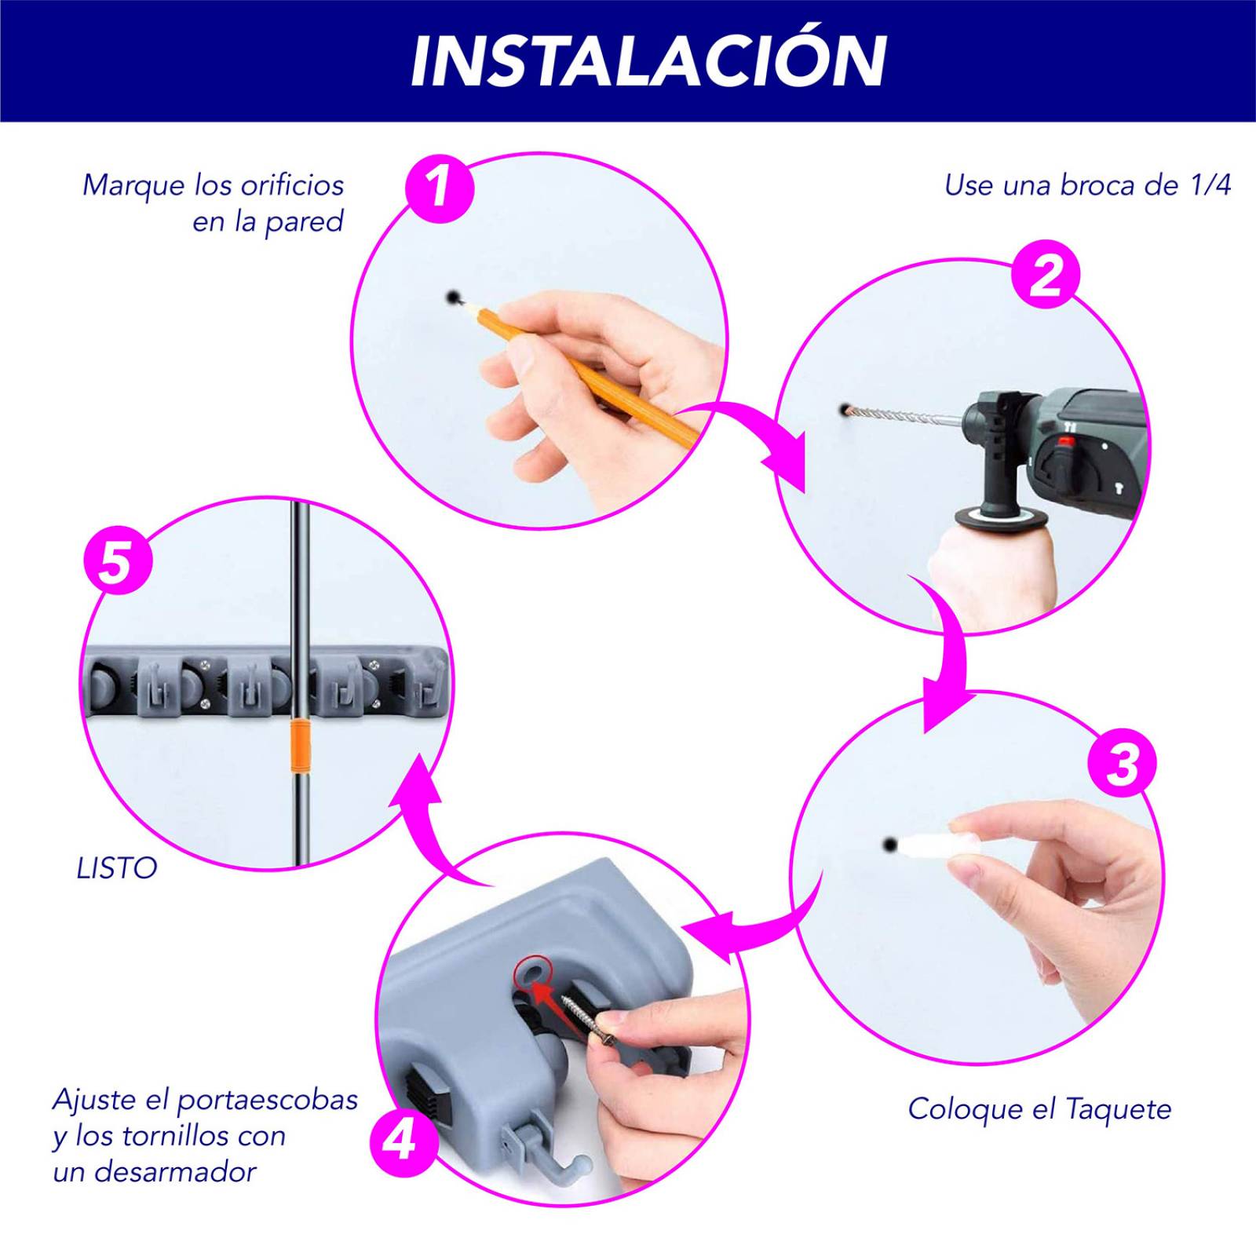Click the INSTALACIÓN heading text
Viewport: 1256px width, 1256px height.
[x=648, y=60]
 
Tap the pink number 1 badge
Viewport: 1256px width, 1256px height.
[x=440, y=188]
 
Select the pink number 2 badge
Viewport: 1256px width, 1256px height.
[x=1045, y=276]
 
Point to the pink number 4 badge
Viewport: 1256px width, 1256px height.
[x=403, y=1141]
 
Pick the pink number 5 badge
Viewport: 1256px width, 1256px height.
[x=118, y=562]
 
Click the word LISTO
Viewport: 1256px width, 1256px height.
[x=117, y=868]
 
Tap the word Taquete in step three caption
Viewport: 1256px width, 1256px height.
[x=1118, y=1109]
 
